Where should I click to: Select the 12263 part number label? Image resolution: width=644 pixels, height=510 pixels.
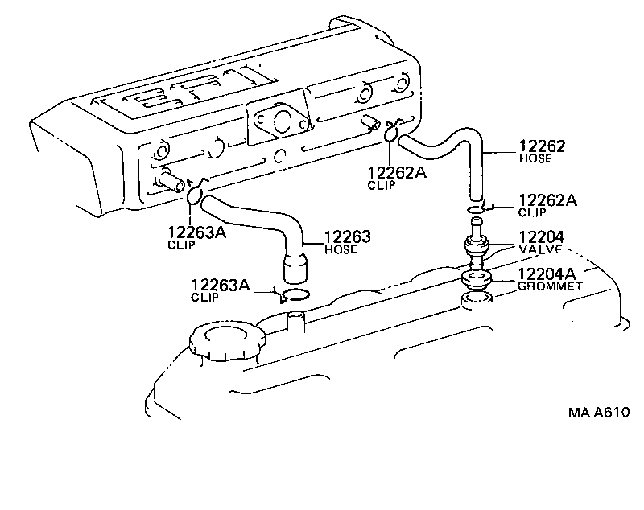(x=347, y=236)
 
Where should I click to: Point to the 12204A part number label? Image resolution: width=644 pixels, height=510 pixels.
(x=546, y=273)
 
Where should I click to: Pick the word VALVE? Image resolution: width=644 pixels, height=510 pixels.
(x=541, y=249)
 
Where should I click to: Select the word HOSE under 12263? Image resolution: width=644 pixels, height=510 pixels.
(x=341, y=249)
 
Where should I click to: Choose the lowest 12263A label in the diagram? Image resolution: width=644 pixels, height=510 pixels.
(x=220, y=284)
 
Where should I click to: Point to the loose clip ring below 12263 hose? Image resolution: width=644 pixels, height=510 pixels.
(x=295, y=294)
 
